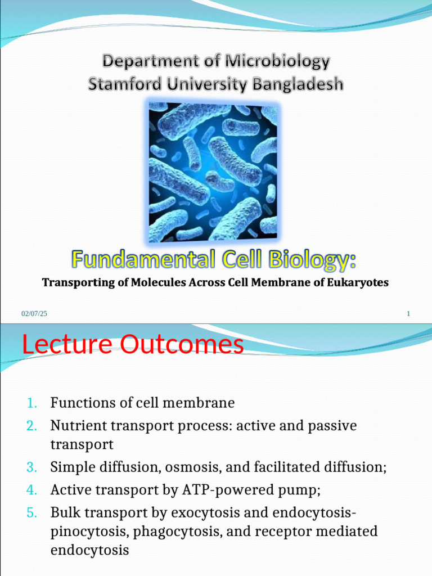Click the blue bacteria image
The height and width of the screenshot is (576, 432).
(213, 172)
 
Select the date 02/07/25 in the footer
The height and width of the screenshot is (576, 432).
(34, 314)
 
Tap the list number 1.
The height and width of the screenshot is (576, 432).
(31, 403)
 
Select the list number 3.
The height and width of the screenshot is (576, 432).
(31, 467)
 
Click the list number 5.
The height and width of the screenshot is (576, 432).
(31, 512)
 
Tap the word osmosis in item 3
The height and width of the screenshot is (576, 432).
(182, 467)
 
